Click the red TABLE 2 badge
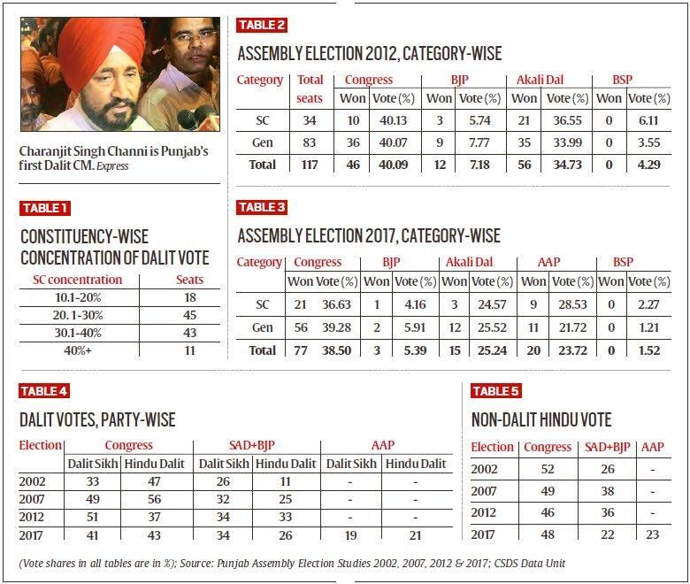pos(262,25)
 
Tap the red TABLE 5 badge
pos(496,391)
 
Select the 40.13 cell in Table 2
pos(394,120)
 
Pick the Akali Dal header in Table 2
pos(540,80)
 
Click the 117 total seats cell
pos(310,165)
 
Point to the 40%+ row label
pos(78,350)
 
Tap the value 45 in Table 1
pos(189,315)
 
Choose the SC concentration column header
pos(78,280)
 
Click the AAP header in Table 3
pos(548,262)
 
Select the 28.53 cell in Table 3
pos(572,304)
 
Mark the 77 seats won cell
pos(301,350)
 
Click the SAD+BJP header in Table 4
pos(252,445)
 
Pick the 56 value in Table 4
pos(154,499)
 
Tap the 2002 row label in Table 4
pos(32,481)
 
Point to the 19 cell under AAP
pos(350,535)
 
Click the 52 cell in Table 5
pos(548,469)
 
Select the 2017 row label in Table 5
pos(483,534)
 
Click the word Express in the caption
pos(112,166)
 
